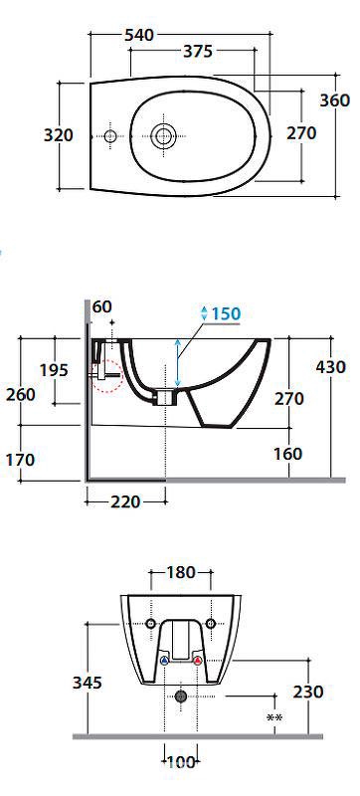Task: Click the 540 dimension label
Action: pos(139,35)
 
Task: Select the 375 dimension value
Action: pos(198,52)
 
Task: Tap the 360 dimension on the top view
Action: pos(335,100)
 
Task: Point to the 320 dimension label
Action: pos(59,135)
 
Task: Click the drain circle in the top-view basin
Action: pos(163,135)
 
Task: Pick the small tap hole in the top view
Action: pos(110,136)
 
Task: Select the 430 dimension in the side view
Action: pos(330,366)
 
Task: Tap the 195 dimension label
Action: pos(54,370)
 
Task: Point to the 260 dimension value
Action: pos(21,394)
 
